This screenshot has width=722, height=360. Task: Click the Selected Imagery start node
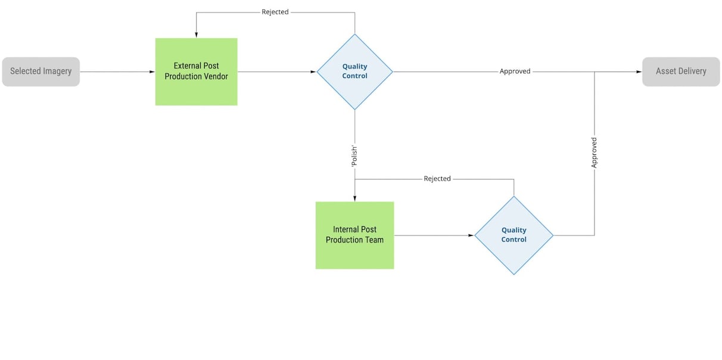(x=41, y=72)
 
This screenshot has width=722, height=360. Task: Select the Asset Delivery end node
(x=680, y=72)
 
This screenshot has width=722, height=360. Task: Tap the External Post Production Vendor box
(x=196, y=72)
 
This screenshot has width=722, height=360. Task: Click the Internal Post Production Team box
(x=354, y=235)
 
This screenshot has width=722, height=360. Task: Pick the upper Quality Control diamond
(x=354, y=72)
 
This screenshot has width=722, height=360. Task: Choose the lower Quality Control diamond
(x=514, y=235)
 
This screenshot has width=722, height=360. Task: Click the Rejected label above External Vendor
(x=275, y=12)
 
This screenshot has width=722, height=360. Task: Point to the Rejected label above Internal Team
(x=437, y=179)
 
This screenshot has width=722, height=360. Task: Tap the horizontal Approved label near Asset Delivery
(x=515, y=72)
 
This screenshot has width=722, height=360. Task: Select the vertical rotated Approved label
(x=594, y=153)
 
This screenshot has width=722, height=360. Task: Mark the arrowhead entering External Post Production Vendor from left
(x=152, y=72)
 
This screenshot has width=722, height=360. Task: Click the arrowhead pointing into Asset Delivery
(x=639, y=72)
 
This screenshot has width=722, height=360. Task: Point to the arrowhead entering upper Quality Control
(x=313, y=72)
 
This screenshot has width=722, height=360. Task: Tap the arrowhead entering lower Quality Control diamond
(x=472, y=235)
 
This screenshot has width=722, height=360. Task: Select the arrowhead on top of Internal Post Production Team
(x=354, y=198)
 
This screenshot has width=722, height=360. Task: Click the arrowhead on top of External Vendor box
(x=196, y=35)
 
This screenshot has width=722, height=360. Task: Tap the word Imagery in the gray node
(x=57, y=72)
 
